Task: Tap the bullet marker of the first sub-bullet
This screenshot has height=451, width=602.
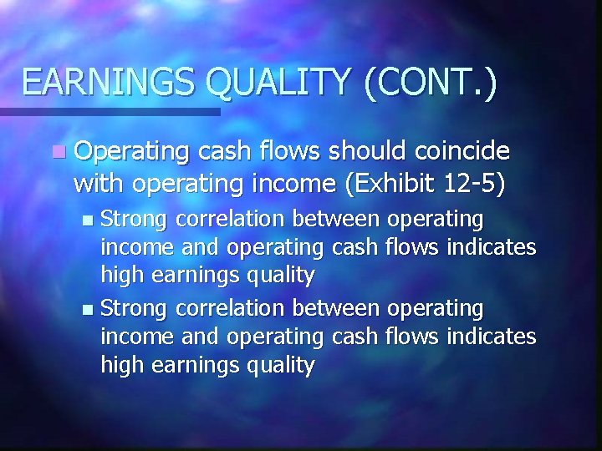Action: pos(89,220)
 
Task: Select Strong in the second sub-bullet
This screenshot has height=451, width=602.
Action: pos(136,308)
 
